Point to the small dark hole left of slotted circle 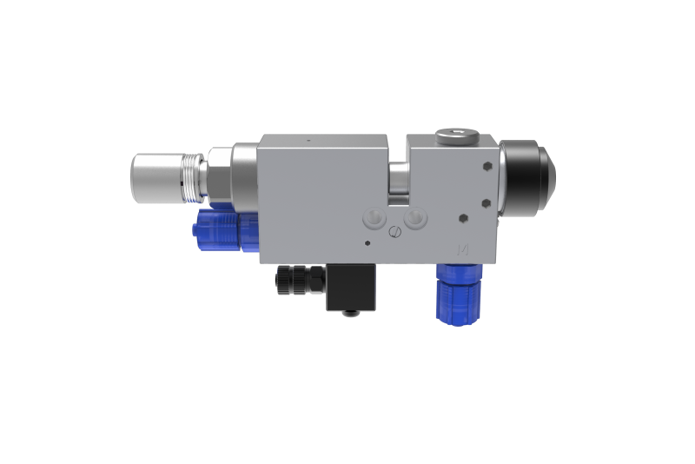point(368,242)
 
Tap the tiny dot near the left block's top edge point(308,140)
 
